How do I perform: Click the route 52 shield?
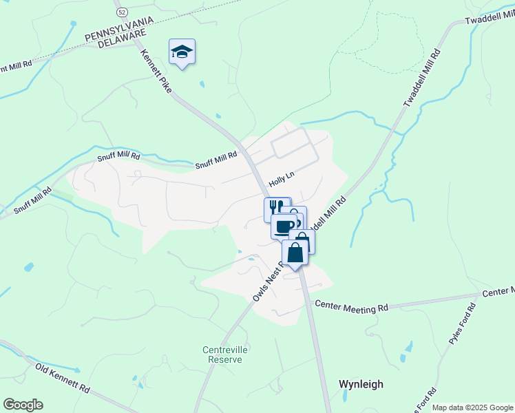(x=122, y=12)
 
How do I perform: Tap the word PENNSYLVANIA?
(x=115, y=35)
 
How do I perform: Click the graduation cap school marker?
(x=182, y=52)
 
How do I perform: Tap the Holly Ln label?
(x=281, y=181)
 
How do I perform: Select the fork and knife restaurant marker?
(x=276, y=208)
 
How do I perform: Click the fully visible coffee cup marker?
(x=284, y=225)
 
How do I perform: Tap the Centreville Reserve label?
(x=224, y=354)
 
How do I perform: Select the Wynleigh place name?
(x=361, y=384)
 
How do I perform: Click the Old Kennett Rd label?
(x=63, y=378)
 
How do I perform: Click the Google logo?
(x=23, y=405)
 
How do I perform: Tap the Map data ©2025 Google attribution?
(x=472, y=407)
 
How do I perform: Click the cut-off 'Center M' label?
(x=498, y=293)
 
